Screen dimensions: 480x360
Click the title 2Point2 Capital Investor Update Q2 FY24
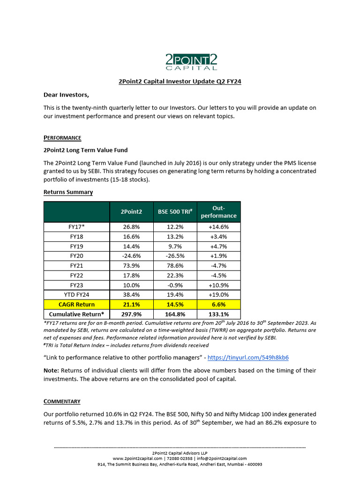180,81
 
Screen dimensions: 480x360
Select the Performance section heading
62,137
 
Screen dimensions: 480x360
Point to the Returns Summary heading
68,192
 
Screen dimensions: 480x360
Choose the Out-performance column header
218,212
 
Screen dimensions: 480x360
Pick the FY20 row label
76,255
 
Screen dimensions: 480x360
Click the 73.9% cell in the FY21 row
132,265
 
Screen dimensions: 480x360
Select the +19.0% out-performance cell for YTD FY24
218,294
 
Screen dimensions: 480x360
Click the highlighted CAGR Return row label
76,304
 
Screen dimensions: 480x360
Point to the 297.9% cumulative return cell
132,314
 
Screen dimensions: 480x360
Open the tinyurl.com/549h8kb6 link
248,357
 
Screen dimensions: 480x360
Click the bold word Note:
52,370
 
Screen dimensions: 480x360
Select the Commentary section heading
62,401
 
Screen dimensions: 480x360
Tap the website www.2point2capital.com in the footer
137,458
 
